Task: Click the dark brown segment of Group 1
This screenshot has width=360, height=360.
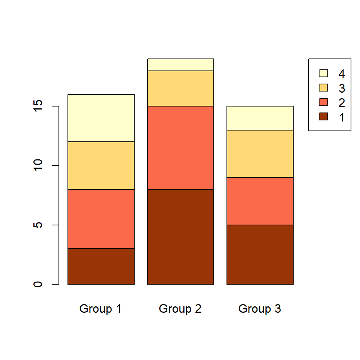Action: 101,266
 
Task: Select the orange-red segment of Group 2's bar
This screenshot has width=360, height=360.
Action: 180,147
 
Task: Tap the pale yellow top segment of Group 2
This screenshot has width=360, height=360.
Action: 180,65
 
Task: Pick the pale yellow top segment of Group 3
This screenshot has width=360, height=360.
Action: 260,118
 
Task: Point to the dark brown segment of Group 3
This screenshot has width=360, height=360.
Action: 260,254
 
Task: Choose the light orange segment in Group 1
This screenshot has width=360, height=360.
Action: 101,165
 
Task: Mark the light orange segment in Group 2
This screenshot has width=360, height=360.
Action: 180,88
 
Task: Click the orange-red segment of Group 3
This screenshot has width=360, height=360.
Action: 260,201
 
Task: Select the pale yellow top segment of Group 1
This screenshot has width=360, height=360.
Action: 101,118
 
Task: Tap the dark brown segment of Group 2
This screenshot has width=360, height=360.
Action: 180,236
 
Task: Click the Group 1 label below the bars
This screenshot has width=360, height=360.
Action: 100,309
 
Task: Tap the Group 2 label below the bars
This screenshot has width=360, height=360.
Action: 180,309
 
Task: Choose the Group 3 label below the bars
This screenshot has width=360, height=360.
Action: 260,309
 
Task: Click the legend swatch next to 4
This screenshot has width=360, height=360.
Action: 323,73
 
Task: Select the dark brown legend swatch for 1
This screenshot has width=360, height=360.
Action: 323,117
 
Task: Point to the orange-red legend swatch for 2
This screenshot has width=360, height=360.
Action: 323,102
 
